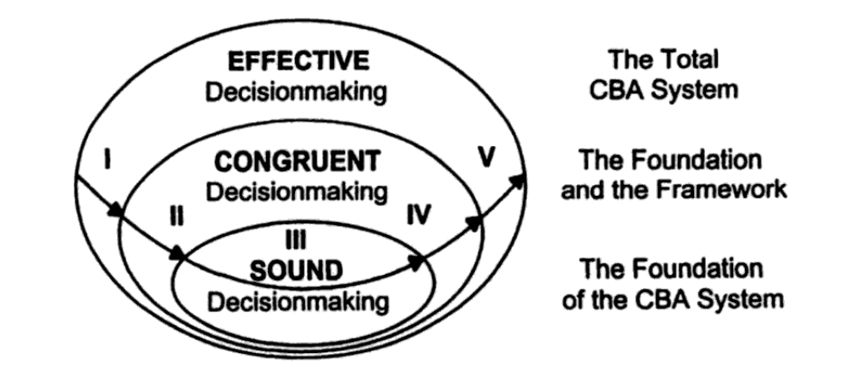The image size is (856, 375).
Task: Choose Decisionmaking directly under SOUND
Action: [299, 300]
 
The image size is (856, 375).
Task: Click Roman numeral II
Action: [176, 216]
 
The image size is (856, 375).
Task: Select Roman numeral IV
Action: [417, 215]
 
